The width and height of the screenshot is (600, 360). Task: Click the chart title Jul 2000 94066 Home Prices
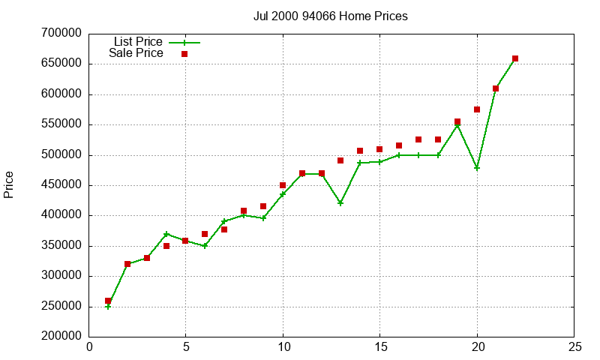click(331, 16)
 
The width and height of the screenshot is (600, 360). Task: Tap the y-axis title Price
click(9, 184)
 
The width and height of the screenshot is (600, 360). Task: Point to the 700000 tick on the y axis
click(62, 34)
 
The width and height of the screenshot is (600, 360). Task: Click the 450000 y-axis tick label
click(62, 185)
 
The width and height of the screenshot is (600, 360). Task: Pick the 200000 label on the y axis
click(62, 337)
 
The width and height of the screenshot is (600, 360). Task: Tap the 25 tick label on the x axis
click(574, 347)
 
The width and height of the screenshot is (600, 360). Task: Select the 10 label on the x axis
click(283, 347)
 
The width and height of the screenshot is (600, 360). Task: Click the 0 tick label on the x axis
click(89, 347)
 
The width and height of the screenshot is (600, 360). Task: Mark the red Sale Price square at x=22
click(515, 58)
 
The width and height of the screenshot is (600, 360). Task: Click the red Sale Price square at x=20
click(477, 109)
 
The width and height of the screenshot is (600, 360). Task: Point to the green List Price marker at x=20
click(477, 167)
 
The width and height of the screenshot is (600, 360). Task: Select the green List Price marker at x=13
click(340, 203)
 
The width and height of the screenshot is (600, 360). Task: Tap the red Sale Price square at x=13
click(340, 160)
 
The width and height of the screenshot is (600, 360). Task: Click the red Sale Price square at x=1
click(108, 301)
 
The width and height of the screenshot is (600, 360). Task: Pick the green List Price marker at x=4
click(166, 234)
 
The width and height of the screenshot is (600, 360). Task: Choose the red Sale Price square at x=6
click(205, 234)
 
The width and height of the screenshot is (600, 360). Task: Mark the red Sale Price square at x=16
click(399, 145)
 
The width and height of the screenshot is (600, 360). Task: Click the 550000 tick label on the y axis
click(62, 124)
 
